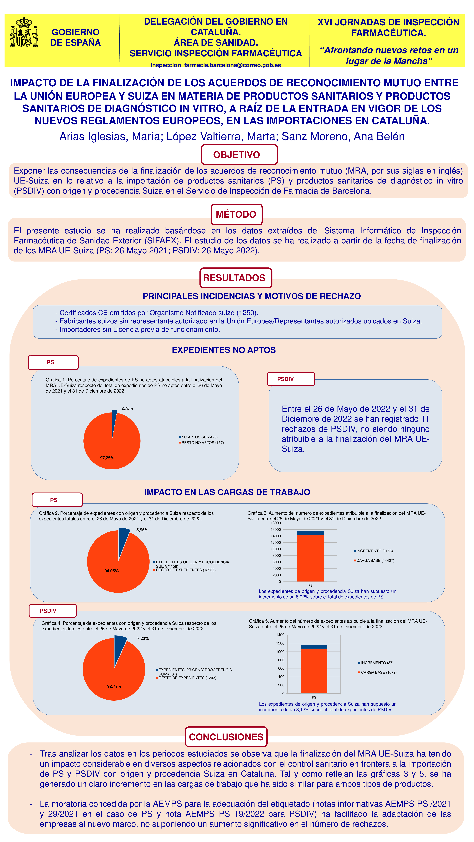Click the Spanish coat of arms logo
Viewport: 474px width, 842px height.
[x=24, y=32]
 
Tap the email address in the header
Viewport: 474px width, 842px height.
[x=216, y=65]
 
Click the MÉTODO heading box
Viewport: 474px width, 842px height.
[x=236, y=214]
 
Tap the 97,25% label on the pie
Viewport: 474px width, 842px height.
[x=107, y=458]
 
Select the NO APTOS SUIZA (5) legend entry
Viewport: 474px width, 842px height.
[x=199, y=437]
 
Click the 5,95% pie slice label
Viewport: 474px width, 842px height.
[x=142, y=530]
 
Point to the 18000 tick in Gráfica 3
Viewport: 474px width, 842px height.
[x=276, y=523]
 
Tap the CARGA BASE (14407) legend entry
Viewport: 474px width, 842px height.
[x=375, y=560]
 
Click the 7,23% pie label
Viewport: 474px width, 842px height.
[x=143, y=638]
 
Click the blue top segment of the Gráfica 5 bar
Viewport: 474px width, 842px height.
[x=314, y=647]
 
